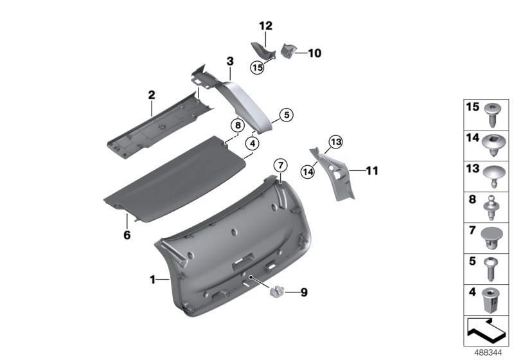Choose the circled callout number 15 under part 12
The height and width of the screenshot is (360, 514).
coord(258,67)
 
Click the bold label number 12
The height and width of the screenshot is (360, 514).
coord(265,26)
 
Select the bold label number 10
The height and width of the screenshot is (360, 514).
coord(314,53)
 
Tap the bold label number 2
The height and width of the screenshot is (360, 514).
coord(152,95)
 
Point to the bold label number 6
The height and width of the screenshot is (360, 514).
coord(127,235)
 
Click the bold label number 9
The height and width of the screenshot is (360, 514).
coord(303,293)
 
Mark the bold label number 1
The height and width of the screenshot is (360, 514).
coord(152,280)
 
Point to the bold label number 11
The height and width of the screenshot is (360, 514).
coord(372,171)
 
